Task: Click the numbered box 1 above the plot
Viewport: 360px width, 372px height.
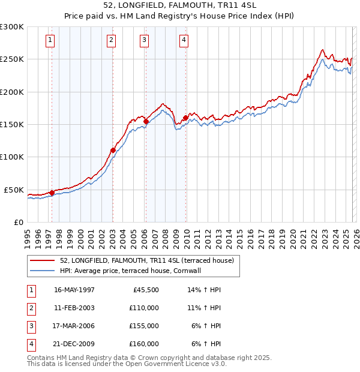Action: [x=49, y=40]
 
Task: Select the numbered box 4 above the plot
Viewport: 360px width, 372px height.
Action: [x=184, y=40]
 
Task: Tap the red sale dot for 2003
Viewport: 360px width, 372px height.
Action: [x=113, y=150]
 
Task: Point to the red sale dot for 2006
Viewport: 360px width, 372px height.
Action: [x=146, y=121]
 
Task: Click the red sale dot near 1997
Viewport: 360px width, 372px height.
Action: [x=52, y=193]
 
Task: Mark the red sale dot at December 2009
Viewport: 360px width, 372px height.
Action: [x=186, y=118]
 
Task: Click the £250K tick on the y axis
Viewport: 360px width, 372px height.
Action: [x=12, y=59]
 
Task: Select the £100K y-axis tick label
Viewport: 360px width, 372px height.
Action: [x=12, y=157]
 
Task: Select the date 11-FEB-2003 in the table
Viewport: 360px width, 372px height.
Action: [x=74, y=308]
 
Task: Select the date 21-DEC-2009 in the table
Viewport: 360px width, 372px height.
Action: [x=74, y=344]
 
